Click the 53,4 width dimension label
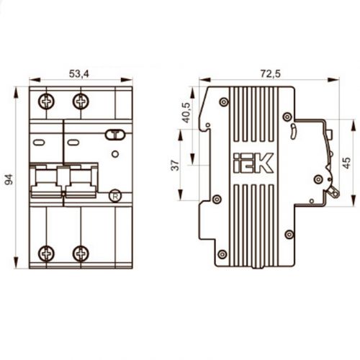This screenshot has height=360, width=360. [x=79, y=73]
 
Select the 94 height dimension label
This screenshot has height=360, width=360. [x=9, y=179]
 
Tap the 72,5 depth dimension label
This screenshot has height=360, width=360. [x=270, y=73]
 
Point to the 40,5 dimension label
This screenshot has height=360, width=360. [x=186, y=112]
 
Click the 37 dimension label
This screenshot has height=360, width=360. [x=175, y=165]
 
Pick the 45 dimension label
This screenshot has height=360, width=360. [x=346, y=163]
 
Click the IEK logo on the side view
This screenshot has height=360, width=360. [x=253, y=163]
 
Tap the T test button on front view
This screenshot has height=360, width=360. [x=115, y=135]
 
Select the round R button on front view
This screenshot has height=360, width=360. [x=115, y=196]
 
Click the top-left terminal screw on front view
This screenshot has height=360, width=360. [x=46, y=102]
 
